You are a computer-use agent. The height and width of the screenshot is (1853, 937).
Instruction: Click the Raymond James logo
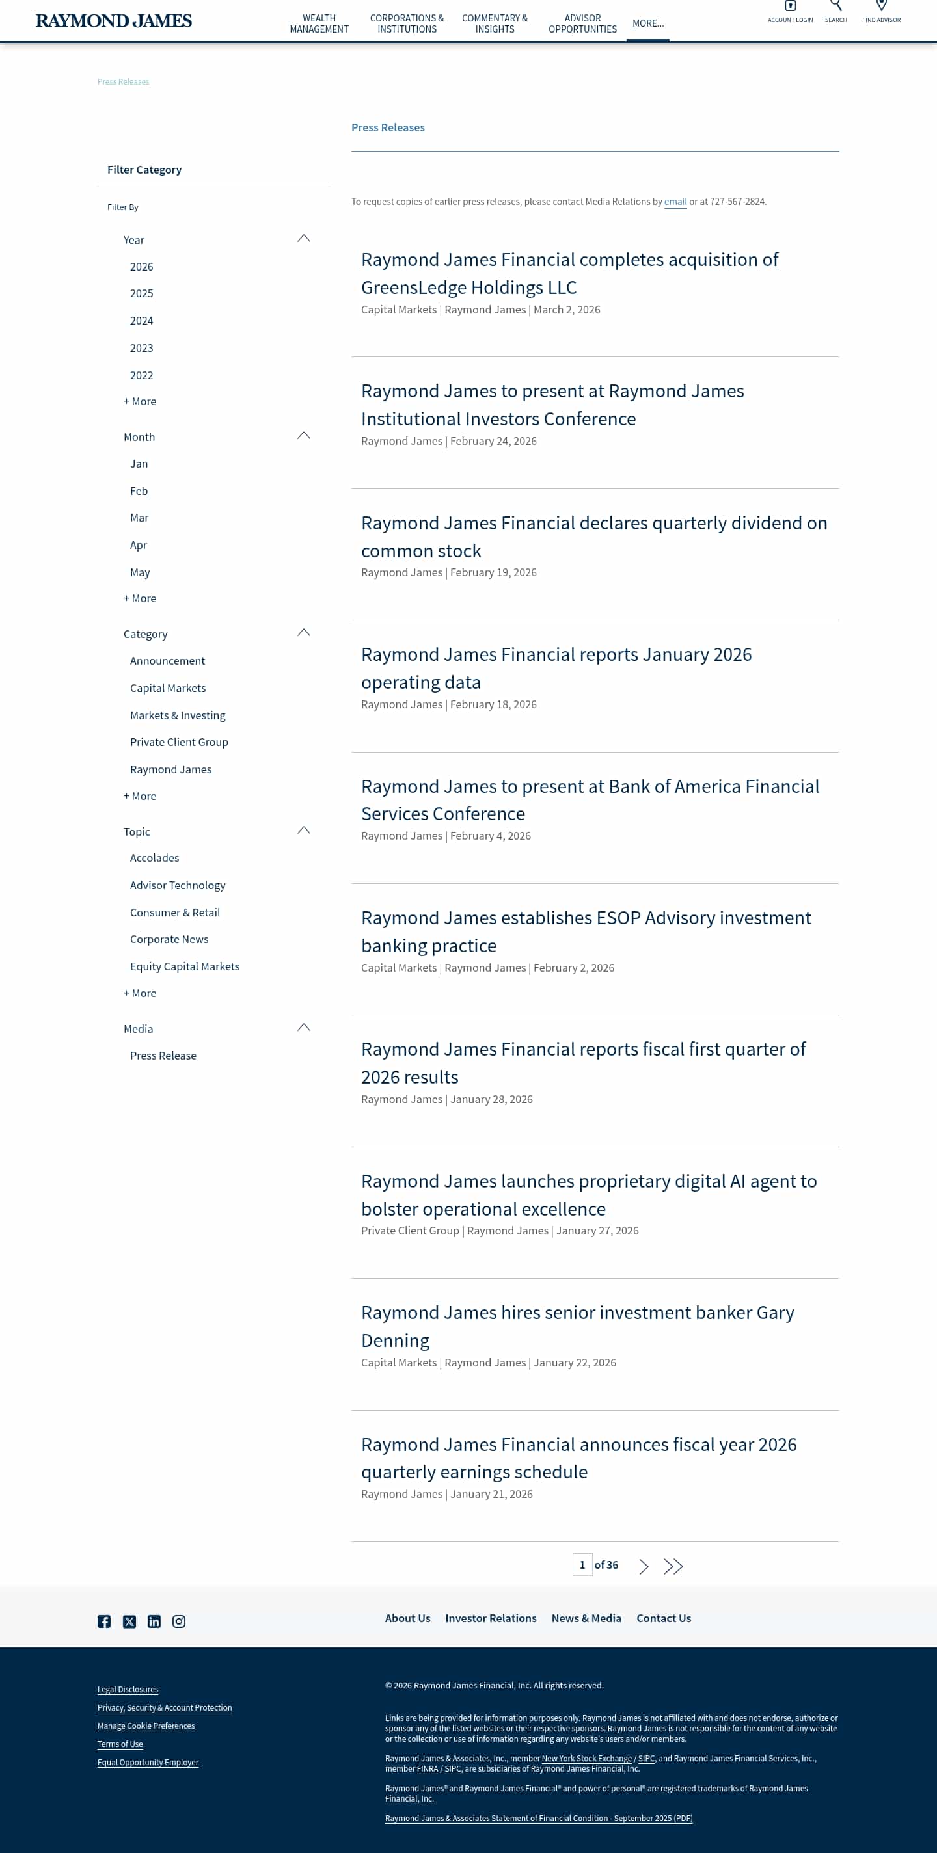tap(114, 21)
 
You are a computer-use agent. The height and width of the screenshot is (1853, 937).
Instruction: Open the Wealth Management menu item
tap(319, 23)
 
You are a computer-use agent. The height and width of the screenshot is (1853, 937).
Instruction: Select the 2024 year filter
tap(141, 321)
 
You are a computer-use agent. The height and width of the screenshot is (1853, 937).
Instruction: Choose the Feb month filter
tap(139, 491)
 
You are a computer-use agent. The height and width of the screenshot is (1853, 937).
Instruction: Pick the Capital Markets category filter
tap(168, 688)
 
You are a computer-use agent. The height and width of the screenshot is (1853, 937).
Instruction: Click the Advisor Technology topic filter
tap(178, 885)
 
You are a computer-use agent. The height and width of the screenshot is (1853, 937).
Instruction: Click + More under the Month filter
tap(140, 598)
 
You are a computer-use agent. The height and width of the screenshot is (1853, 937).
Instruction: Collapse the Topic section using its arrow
tap(304, 831)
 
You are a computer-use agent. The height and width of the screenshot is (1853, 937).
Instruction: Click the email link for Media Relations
tap(675, 202)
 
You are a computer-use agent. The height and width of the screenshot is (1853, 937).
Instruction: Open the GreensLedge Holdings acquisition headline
tap(569, 273)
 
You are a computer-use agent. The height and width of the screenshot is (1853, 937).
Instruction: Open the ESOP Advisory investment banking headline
tap(586, 931)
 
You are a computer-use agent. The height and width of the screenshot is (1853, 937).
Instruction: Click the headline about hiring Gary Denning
tap(577, 1326)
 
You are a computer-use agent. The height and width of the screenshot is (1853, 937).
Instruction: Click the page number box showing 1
tap(582, 1565)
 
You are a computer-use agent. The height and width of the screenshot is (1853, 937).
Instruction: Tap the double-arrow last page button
tap(673, 1566)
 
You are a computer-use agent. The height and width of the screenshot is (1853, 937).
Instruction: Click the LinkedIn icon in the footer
tap(154, 1621)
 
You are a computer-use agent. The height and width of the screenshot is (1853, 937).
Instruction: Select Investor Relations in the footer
tap(491, 1618)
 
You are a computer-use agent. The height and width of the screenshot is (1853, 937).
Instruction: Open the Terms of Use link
tap(120, 1744)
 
